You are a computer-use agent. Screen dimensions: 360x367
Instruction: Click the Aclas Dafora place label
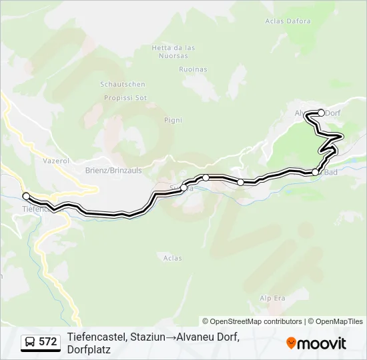tap(288, 21)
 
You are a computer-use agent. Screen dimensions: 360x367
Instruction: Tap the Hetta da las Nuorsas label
tap(173, 51)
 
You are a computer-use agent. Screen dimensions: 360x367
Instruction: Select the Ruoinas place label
tap(194, 69)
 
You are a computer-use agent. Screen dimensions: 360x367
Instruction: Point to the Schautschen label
tap(122, 85)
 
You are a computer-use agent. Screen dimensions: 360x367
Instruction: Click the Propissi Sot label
tap(125, 97)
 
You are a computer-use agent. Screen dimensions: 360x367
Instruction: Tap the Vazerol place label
tap(55, 161)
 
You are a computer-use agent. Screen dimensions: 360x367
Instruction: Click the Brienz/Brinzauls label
tap(113, 171)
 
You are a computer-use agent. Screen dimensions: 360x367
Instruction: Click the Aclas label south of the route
tap(172, 257)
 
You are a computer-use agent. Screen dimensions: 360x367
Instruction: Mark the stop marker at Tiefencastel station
tap(26, 196)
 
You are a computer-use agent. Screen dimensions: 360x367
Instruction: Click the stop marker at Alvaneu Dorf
tap(321, 113)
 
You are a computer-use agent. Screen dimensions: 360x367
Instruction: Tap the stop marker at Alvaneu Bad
tap(315, 173)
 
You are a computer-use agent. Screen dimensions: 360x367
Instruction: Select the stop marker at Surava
tap(184, 188)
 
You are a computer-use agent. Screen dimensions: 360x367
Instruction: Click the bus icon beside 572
tap(31, 342)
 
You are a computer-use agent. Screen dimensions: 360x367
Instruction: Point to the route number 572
tap(47, 342)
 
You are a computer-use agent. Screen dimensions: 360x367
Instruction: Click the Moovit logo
tap(316, 343)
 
